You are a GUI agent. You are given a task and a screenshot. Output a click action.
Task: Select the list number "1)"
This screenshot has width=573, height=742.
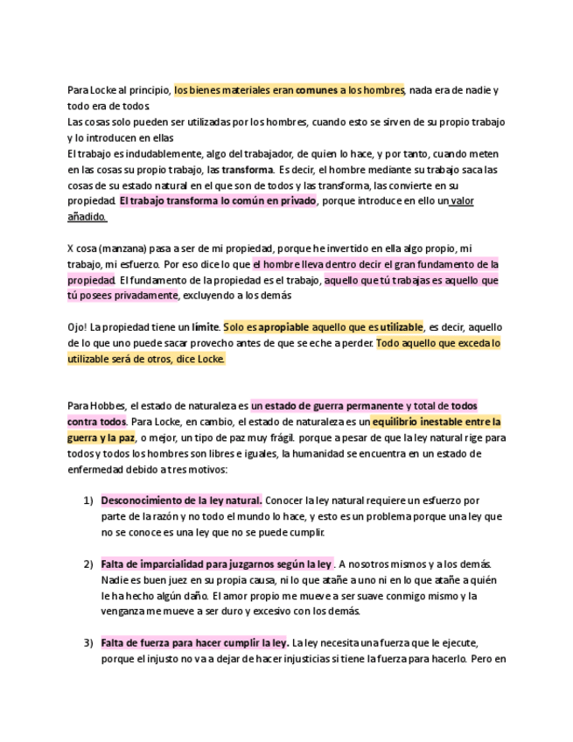88,500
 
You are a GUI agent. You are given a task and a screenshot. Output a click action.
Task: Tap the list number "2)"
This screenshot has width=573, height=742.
88,564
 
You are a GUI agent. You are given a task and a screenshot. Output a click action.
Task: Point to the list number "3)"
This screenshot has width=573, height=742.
88,642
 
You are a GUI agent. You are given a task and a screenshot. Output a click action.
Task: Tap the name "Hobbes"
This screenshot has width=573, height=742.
107,406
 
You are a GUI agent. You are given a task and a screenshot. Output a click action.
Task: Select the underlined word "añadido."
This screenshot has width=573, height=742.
87,217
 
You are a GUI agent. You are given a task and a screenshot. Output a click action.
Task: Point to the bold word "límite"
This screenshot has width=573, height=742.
206,327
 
